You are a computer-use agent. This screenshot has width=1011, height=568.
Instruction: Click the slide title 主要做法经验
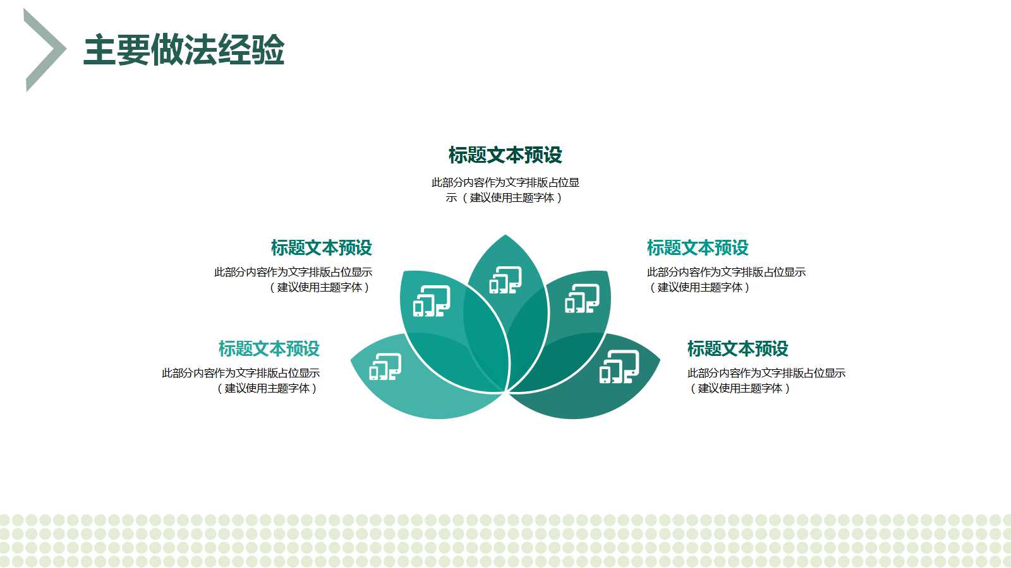[x=184, y=50]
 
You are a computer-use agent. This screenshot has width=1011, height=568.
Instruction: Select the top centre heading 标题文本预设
[x=505, y=155]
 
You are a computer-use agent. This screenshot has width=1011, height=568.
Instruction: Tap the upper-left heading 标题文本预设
[x=322, y=247]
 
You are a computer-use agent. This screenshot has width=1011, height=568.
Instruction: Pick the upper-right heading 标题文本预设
[x=698, y=247]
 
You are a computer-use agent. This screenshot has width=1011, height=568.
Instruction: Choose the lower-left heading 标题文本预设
[x=269, y=348]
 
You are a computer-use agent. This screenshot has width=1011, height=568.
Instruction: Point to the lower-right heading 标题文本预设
[x=737, y=348]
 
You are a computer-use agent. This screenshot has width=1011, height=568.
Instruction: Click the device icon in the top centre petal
[x=505, y=280]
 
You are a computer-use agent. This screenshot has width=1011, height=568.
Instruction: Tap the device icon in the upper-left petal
[x=432, y=301]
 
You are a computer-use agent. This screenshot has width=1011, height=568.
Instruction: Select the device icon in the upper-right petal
[x=582, y=299]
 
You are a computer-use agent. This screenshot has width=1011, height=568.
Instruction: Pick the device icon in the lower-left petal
[x=385, y=367]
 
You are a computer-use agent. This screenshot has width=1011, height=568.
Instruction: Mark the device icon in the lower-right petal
[x=619, y=367]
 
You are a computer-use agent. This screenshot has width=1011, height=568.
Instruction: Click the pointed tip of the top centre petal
[x=505, y=235]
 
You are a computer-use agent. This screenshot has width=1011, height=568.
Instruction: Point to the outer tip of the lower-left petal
[x=351, y=360]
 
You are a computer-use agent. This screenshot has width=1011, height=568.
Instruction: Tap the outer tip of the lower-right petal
[x=660, y=360]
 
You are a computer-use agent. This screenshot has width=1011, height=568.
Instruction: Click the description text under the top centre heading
[x=505, y=190]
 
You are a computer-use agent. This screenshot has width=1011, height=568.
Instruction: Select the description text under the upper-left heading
[x=293, y=280]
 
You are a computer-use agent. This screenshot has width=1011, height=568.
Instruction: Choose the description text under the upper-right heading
[x=726, y=280]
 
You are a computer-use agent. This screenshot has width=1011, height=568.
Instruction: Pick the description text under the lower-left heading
[x=241, y=381]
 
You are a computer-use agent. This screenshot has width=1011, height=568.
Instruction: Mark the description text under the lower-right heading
[x=766, y=381]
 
